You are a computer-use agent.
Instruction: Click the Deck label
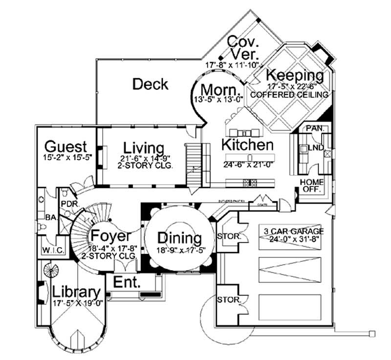(151, 84)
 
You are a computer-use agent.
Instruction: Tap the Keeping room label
(295, 76)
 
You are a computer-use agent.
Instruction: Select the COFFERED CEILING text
(288, 94)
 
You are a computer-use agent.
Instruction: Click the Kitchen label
(247, 145)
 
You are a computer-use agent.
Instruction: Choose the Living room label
(143, 148)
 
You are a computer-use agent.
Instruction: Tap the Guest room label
(65, 147)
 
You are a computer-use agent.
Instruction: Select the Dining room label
(179, 238)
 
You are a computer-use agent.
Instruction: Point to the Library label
(76, 292)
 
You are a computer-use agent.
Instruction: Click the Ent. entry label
(127, 282)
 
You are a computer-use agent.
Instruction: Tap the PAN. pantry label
(313, 127)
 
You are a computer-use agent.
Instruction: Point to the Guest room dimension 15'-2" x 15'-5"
(67, 157)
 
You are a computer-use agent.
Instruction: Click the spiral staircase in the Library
(50, 269)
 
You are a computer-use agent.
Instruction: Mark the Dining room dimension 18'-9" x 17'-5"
(179, 250)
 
